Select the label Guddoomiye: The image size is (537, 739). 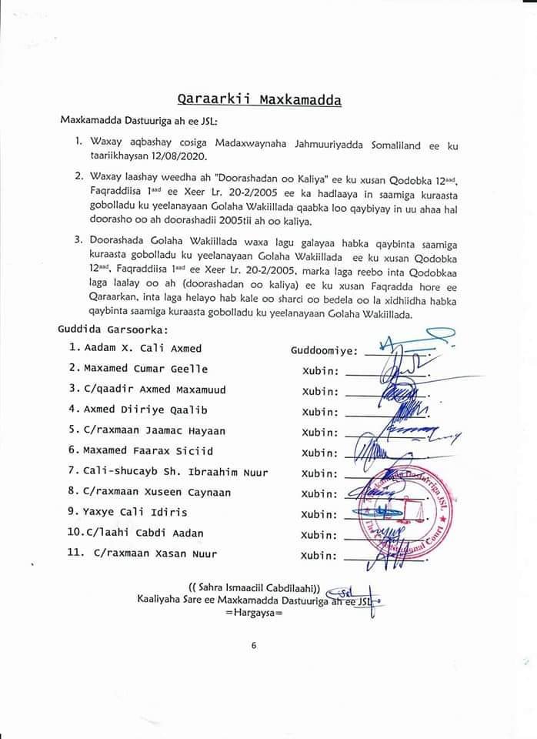coord(324,350)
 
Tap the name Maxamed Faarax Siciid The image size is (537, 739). coord(148,451)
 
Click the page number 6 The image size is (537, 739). coord(253,645)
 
